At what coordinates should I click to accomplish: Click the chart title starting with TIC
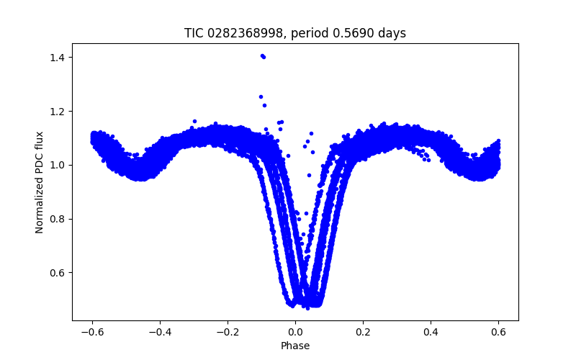(295, 33)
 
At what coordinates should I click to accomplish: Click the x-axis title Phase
(295, 346)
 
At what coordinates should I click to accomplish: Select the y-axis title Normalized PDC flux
(40, 182)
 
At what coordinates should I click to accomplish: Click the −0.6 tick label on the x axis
(92, 332)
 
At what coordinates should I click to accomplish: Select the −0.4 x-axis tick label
(160, 332)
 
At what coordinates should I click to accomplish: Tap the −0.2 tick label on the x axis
(228, 332)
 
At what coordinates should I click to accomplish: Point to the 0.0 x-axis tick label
(295, 332)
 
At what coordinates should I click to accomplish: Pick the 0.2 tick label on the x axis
(363, 332)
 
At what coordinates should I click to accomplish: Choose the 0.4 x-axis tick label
(431, 332)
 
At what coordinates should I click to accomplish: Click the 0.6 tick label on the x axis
(498, 332)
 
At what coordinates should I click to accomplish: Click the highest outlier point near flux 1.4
(263, 55)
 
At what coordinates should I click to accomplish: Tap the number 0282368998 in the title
(239, 33)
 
